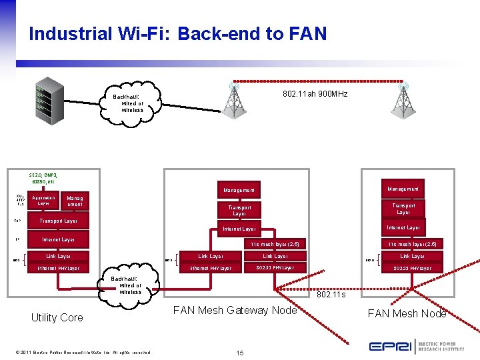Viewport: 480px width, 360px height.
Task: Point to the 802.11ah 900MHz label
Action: tap(315, 94)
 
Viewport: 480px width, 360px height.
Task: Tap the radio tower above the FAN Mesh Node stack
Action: tap(403, 101)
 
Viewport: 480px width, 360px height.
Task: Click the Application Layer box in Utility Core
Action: tap(43, 200)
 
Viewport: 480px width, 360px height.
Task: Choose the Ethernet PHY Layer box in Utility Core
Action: tap(58, 268)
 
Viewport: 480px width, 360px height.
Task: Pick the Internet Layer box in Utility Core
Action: tap(58, 239)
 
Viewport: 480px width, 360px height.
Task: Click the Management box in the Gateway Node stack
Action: tap(238, 191)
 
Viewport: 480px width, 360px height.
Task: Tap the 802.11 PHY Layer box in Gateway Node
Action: tap(275, 268)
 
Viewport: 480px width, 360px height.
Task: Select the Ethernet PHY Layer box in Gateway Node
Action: tap(211, 268)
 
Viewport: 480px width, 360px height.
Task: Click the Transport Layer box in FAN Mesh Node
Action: tap(403, 209)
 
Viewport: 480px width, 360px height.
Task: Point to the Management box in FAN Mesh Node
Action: tap(403, 189)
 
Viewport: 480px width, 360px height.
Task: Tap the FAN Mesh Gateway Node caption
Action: tap(235, 310)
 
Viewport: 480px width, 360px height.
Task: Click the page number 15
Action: tap(240, 352)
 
